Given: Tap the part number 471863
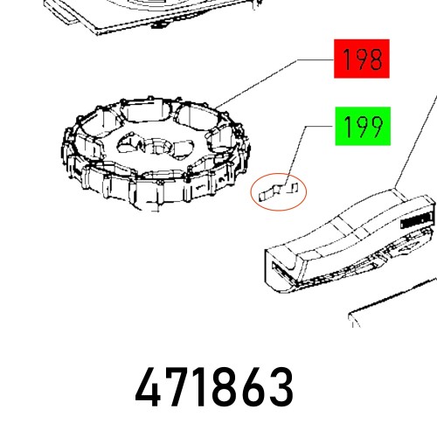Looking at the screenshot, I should coord(215,390).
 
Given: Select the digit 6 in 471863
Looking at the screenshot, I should coord(253,390).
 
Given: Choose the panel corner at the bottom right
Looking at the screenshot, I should coord(393,306).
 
